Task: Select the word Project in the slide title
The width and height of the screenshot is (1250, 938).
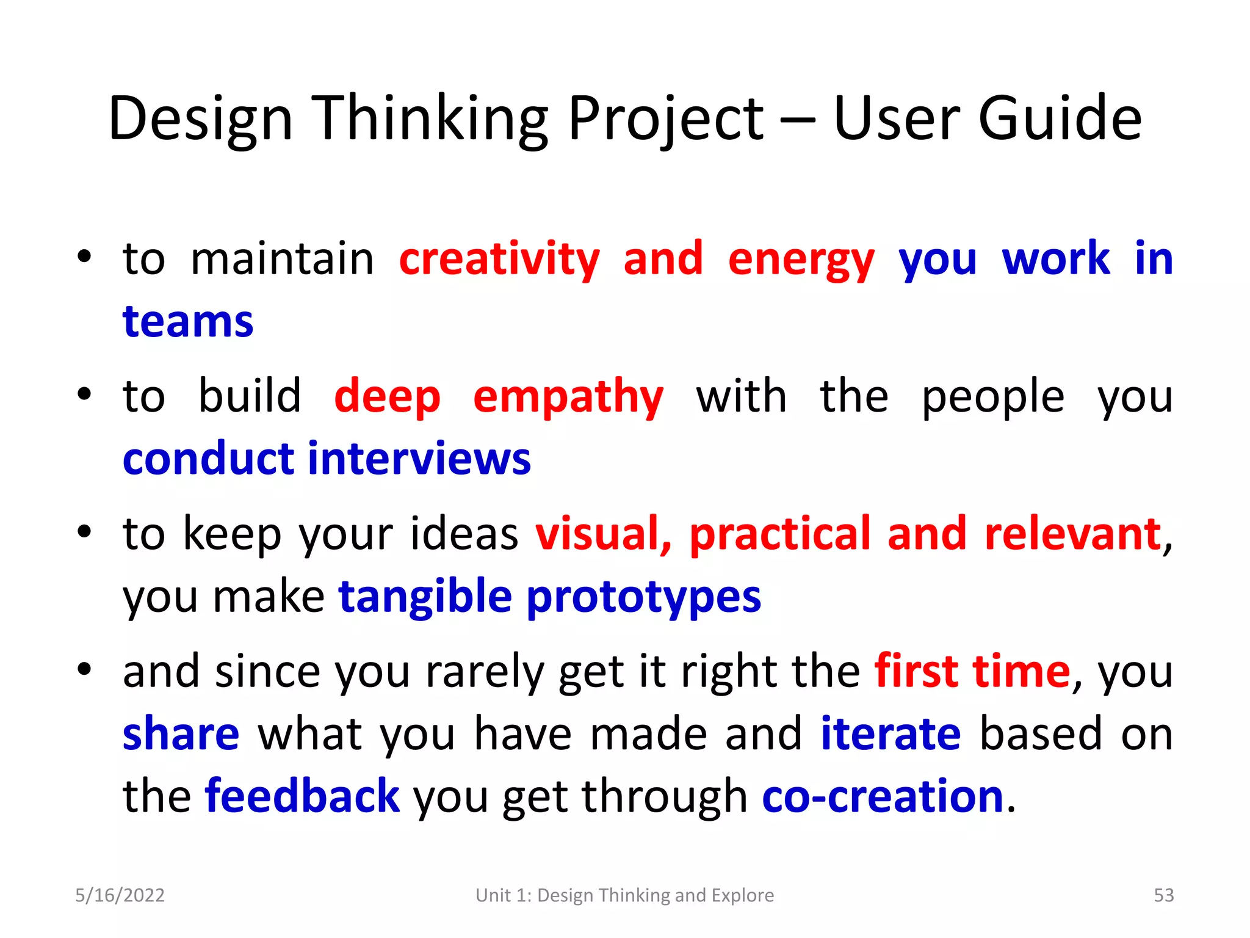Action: click(665, 120)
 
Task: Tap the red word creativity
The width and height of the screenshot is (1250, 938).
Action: click(499, 259)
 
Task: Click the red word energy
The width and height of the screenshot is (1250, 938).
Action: click(801, 260)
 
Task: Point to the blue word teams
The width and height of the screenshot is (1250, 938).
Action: click(188, 321)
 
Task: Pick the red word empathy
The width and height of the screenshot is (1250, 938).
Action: click(568, 398)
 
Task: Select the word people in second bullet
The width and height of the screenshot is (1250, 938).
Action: click(992, 398)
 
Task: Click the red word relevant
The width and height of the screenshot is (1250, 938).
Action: click(1072, 534)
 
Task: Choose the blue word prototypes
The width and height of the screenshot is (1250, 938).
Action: click(643, 597)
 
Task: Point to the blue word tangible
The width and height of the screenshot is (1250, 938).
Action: click(425, 597)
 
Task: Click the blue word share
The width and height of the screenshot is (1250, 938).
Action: click(181, 733)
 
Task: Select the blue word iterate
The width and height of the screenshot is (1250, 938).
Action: click(891, 733)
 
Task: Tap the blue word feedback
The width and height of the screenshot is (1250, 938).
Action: click(302, 796)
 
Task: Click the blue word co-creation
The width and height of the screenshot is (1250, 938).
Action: click(883, 796)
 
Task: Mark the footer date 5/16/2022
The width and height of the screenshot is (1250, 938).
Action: click(120, 895)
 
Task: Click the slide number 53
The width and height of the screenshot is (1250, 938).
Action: click(1163, 895)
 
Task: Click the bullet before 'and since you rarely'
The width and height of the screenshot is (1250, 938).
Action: click(84, 669)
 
